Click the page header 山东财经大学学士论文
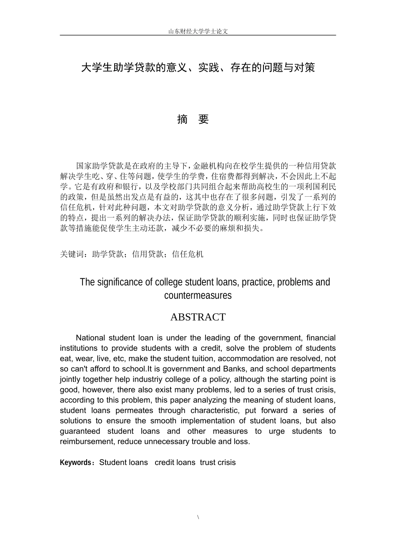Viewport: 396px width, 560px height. (198, 31)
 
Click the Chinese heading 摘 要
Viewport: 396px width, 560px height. (193, 120)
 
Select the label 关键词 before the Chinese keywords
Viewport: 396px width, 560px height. (72, 254)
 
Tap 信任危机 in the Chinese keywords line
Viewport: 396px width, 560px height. (188, 254)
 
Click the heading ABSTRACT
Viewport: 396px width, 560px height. (198, 317)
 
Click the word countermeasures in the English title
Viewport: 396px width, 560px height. (198, 295)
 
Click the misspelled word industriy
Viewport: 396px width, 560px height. (150, 380)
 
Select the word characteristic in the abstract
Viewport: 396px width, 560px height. (214, 410)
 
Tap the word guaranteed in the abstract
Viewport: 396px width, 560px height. (80, 431)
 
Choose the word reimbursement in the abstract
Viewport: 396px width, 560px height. (87, 442)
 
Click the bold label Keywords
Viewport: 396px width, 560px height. (75, 462)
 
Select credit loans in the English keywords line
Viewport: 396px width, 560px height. (175, 462)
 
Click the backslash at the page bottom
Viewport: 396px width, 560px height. (198, 517)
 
